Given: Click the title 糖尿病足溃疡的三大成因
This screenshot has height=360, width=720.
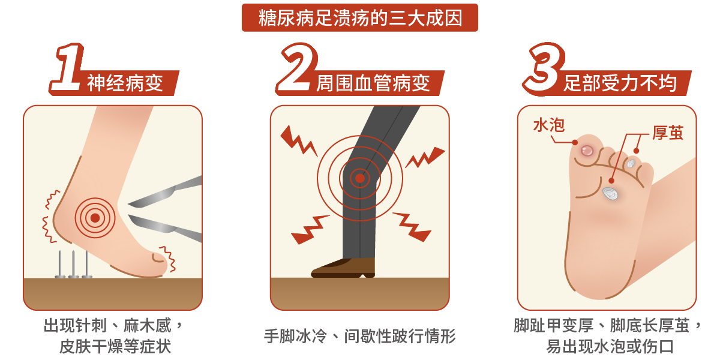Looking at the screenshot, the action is click(x=361, y=17).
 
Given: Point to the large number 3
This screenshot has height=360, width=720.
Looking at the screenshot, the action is click(x=544, y=68).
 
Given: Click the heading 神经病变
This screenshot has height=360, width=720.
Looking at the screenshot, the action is click(x=125, y=83).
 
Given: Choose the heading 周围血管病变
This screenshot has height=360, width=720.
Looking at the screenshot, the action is click(x=373, y=83).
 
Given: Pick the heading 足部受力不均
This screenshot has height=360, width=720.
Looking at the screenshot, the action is click(x=620, y=83).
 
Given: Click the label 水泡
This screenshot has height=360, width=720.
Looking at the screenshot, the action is click(x=548, y=125).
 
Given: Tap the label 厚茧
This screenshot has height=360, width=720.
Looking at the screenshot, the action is click(x=668, y=133).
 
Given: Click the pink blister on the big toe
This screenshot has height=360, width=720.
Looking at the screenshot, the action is click(x=587, y=151).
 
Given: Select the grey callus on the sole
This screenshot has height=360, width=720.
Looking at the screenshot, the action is click(x=610, y=193).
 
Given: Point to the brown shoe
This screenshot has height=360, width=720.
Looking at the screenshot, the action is click(x=343, y=268).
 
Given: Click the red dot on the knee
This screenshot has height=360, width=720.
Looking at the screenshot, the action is click(x=359, y=178).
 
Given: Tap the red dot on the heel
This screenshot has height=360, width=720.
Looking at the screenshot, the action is click(x=95, y=218).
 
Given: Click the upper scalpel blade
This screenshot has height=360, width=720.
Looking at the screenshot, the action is click(x=165, y=192).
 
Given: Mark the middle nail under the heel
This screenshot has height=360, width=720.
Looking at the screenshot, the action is click(x=74, y=265).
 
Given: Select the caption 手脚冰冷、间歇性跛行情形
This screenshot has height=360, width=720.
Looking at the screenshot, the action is click(x=360, y=336).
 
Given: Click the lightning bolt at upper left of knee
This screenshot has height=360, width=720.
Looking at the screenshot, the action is click(x=298, y=142).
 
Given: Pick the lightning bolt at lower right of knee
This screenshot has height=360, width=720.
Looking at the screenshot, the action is click(x=412, y=227).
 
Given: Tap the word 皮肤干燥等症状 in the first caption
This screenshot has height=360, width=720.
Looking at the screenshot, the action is click(x=115, y=346).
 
